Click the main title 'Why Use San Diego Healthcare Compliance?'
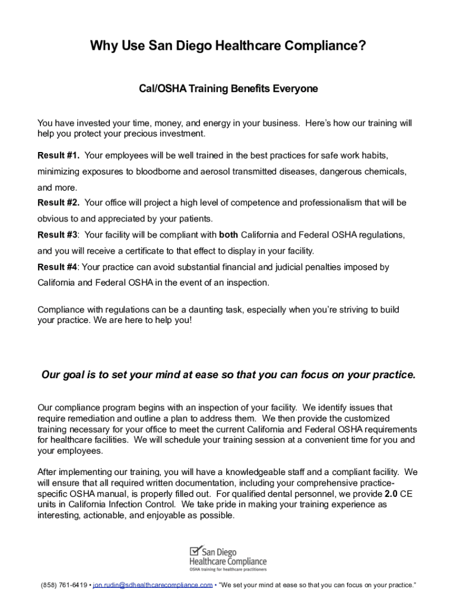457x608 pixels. (228, 46)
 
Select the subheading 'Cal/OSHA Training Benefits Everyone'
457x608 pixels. (228, 88)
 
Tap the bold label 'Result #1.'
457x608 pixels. (59, 156)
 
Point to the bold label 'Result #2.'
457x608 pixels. (59, 203)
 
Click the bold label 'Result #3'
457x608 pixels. (58, 235)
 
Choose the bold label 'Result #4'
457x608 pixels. (58, 267)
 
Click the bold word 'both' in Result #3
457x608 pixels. (228, 235)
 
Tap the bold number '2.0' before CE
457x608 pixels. (391, 493)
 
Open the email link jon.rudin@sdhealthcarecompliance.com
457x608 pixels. (153, 585)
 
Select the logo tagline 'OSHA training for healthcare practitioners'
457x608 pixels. (227, 569)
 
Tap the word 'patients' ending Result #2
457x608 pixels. (195, 219)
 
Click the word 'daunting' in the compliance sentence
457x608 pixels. (182, 310)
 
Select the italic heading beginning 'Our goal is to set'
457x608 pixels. (228, 375)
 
